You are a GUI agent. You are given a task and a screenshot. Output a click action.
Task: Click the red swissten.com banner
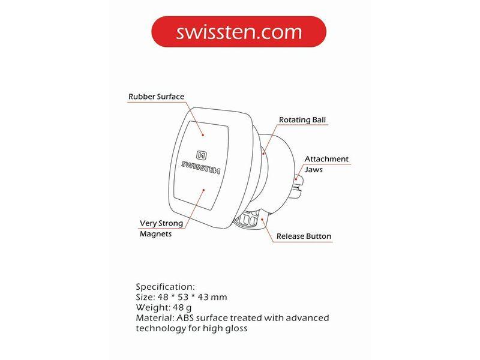(x=239, y=32)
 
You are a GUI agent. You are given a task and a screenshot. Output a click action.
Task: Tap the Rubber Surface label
(x=156, y=97)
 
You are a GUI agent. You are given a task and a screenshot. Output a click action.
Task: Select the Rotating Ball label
(x=302, y=119)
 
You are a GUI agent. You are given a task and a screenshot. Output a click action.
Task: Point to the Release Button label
(x=304, y=236)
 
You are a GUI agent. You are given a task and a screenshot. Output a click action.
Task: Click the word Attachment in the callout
(x=326, y=159)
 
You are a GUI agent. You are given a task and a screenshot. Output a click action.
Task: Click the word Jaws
(x=313, y=170)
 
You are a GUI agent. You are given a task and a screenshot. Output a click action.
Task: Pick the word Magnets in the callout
(x=155, y=234)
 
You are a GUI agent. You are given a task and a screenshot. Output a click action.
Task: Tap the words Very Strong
(x=161, y=223)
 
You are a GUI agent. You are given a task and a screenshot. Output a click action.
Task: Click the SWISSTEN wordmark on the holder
(x=200, y=168)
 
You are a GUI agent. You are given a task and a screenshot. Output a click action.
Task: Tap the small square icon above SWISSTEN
(x=201, y=155)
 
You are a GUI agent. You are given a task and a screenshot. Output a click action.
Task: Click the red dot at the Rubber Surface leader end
(x=203, y=134)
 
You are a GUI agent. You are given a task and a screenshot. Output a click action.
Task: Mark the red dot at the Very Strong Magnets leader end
(x=203, y=190)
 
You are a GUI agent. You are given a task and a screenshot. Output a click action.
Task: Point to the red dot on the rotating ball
(x=263, y=154)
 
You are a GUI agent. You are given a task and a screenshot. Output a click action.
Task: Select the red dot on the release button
(x=262, y=219)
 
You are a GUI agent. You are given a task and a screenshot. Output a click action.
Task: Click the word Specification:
(x=165, y=287)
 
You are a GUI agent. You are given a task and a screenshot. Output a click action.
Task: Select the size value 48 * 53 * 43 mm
(x=192, y=297)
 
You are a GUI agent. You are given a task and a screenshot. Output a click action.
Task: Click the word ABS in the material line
(x=185, y=318)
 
